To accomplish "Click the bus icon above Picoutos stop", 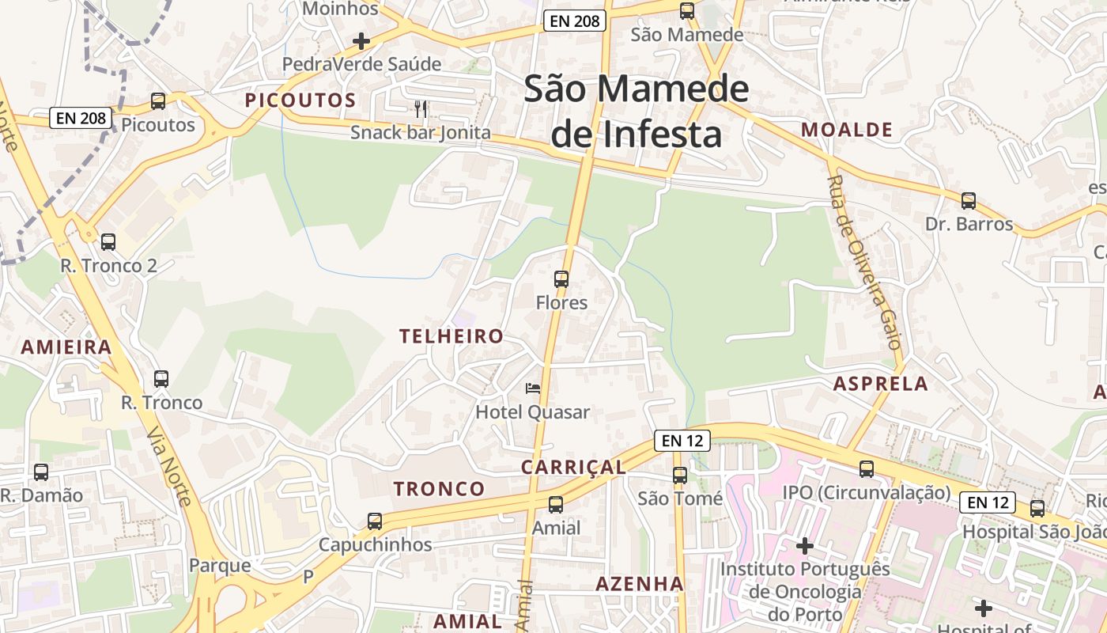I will point(158,101).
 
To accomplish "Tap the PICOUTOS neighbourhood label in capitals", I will point(300,100).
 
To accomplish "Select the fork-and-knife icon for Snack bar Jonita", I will point(421,109).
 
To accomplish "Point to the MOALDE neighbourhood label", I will point(847,130).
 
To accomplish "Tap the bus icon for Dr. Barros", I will point(969,201).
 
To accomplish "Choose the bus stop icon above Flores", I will point(561,279).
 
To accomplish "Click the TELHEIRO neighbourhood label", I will point(451,336).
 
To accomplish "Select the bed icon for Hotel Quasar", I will point(534,388).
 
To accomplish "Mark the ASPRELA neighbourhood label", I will point(881,384).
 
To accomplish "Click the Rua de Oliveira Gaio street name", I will point(864,262).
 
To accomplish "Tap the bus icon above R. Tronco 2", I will point(108,242).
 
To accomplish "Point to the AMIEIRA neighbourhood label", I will point(66,347).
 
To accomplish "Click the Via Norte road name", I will point(169,468).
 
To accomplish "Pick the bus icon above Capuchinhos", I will point(375,521).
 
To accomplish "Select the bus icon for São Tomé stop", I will point(680,476).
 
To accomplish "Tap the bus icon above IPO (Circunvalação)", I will point(867,469).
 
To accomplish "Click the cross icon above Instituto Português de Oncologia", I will point(805,546).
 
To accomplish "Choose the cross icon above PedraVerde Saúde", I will point(361,41).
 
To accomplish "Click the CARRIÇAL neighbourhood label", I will point(573,467).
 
